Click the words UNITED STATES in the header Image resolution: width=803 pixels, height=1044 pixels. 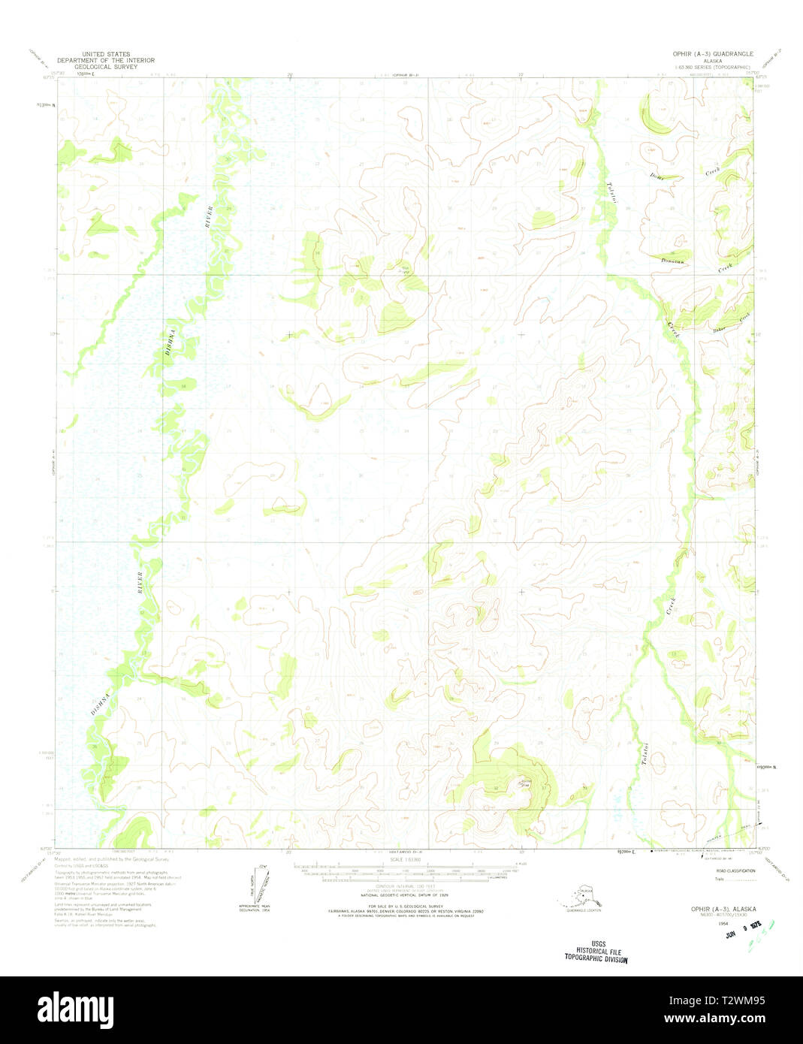click(x=105, y=54)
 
